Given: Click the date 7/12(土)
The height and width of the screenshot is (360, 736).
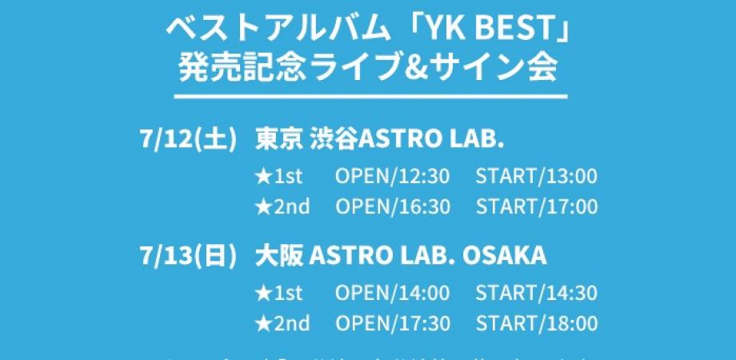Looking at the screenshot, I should [189, 139].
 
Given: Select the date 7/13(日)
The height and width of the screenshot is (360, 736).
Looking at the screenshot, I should [189, 256].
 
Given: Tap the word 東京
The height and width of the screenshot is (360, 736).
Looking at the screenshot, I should [278, 139].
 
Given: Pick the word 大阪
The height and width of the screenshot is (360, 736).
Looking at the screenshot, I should [278, 256].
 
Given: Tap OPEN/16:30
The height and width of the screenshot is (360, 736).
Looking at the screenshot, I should [393, 206].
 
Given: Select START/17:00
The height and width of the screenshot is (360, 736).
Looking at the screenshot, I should [537, 206].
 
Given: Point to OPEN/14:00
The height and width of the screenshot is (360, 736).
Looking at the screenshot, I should [393, 294].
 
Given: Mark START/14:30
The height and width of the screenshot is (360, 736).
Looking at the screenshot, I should [537, 294].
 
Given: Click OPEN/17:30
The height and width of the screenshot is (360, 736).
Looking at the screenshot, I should [393, 323].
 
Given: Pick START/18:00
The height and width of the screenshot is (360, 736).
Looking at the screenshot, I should [537, 323].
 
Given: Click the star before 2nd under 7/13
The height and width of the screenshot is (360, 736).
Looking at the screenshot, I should [264, 323].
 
